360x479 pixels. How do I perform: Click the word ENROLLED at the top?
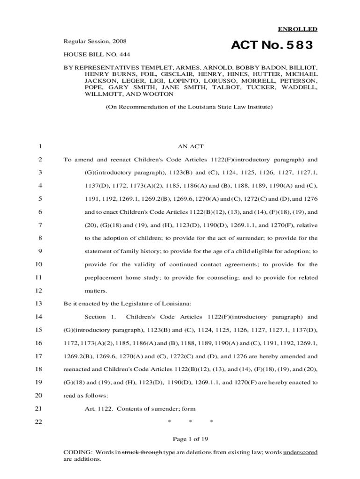pyautogui.click(x=298, y=29)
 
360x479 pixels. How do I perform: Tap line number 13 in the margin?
pyautogui.click(x=37, y=304)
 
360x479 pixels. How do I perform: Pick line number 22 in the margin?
pyautogui.click(x=37, y=421)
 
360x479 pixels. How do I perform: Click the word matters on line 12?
pyautogui.click(x=96, y=290)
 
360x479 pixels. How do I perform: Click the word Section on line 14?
pyautogui.click(x=95, y=317)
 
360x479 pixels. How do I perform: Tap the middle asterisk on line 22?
pyautogui.click(x=190, y=421)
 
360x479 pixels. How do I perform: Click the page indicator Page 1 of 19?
pyautogui.click(x=190, y=439)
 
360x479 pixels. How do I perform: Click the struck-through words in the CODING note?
pyautogui.click(x=142, y=452)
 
